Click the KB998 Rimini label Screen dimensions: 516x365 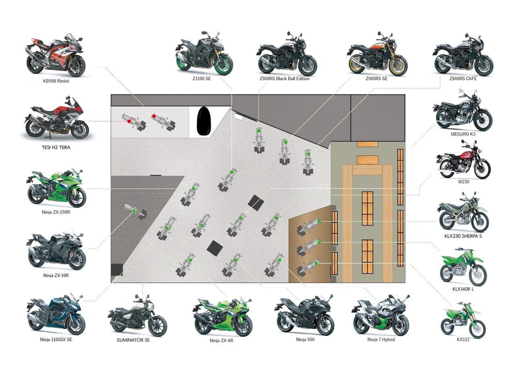tap(56, 81)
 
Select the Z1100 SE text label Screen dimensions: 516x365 tap(202, 79)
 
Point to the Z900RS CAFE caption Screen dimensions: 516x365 tap(463, 79)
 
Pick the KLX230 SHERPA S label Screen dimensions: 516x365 tap(463, 236)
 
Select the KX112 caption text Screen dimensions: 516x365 tap(463, 340)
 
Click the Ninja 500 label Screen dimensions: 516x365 tap(305, 340)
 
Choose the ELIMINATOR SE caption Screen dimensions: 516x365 tap(133, 340)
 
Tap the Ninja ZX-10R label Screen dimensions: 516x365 tap(56, 275)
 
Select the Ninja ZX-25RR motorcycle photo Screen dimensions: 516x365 tap(56, 188)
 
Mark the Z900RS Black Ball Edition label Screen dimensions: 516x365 tap(285, 79)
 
